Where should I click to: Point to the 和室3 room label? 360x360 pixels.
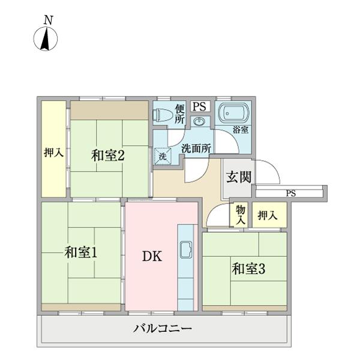tap(248, 269)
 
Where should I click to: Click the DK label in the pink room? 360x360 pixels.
tap(151, 256)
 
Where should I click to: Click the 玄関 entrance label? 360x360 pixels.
tap(238, 177)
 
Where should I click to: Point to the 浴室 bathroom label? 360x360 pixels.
tap(241, 130)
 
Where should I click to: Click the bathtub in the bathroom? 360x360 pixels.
tap(232, 113)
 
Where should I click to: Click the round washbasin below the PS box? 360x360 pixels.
tap(200, 122)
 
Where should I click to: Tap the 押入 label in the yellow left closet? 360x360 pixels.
tap(53, 154)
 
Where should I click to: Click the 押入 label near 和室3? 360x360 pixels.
tap(267, 215)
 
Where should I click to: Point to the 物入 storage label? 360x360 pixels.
tap(241, 215)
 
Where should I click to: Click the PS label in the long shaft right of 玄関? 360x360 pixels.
tap(291, 193)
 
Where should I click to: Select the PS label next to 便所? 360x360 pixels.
tap(200, 106)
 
